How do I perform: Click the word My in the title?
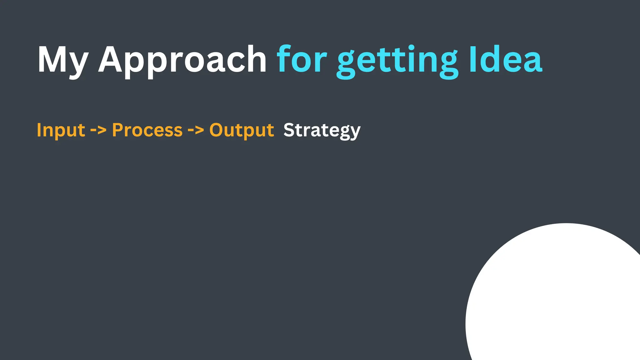[x=62, y=60]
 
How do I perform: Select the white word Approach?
[x=182, y=60]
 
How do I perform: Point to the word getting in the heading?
[x=397, y=61]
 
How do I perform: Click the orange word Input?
[x=61, y=130]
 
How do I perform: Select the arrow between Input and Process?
[x=98, y=129]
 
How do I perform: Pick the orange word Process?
[x=147, y=130]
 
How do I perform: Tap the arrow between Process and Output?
[x=196, y=129]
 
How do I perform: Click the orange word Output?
[x=242, y=130]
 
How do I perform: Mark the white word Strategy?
[x=322, y=131]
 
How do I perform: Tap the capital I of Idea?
[x=473, y=59]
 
